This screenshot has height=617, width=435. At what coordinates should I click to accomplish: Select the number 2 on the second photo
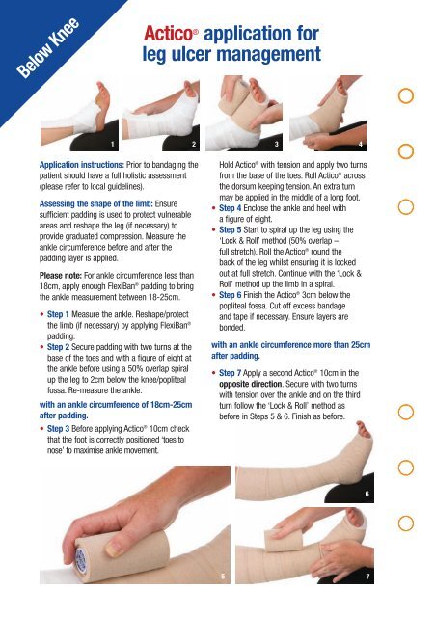(194, 143)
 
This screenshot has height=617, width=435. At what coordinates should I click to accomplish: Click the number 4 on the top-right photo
(360, 143)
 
